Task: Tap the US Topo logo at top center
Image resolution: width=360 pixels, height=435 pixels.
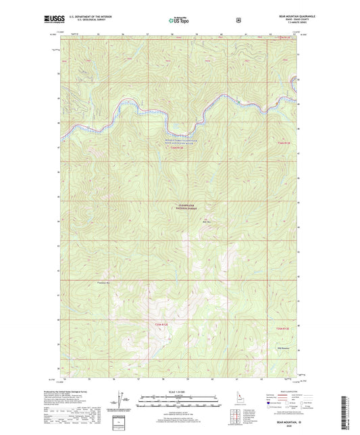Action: pyautogui.click(x=179, y=21)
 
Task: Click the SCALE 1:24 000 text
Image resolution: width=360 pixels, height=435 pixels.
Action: pyautogui.click(x=179, y=392)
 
